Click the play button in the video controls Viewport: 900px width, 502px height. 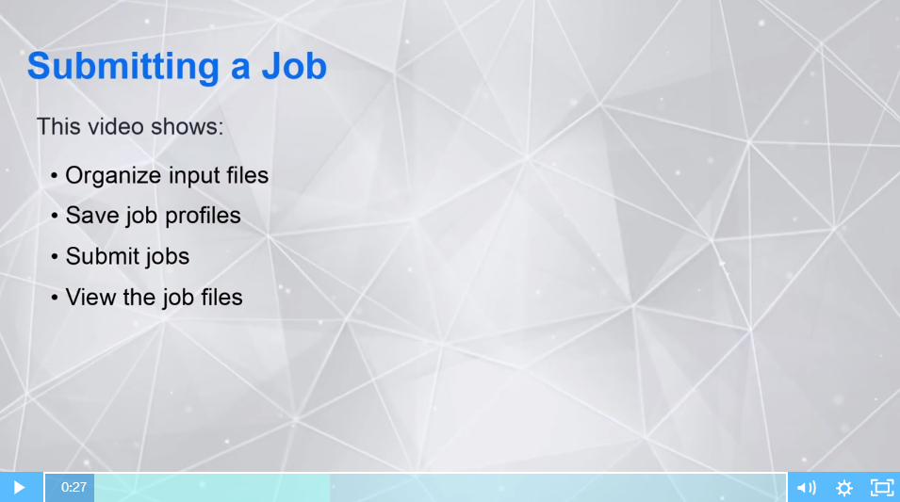pyautogui.click(x=19, y=487)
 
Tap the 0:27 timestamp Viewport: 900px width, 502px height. pyautogui.click(x=74, y=487)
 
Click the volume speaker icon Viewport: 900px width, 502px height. pyautogui.click(x=806, y=487)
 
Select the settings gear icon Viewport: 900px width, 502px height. pyautogui.click(x=844, y=487)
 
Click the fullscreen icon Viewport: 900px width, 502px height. pyautogui.click(x=881, y=487)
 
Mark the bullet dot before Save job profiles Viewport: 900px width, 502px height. pyautogui.click(x=55, y=217)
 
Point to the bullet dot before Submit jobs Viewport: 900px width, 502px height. pyautogui.click(x=55, y=257)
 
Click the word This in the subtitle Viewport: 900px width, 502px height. pyautogui.click(x=57, y=126)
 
